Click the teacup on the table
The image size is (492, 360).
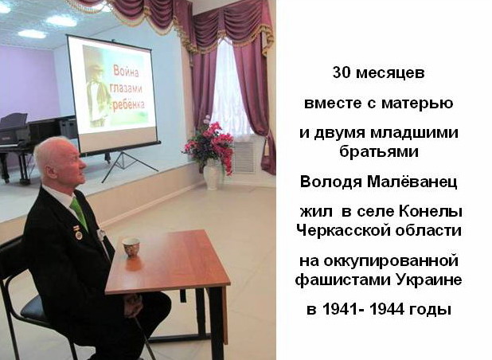tap(131, 248)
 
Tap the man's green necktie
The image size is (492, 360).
tap(79, 213)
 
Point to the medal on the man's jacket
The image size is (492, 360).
tap(78, 233)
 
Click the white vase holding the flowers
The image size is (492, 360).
tap(212, 174)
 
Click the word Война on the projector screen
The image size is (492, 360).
tap(126, 72)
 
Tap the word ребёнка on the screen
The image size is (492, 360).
tap(128, 105)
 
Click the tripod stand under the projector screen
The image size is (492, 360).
tap(129, 166)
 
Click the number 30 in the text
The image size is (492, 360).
tap(342, 72)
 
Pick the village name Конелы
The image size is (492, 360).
tap(431, 212)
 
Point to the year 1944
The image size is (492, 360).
tap(387, 310)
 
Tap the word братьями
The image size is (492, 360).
tap(379, 151)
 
